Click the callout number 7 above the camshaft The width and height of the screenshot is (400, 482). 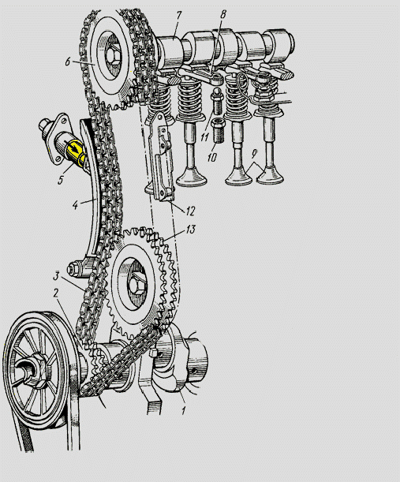click(x=178, y=16)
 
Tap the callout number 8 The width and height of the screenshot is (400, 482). click(x=223, y=14)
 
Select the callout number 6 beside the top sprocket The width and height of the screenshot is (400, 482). click(x=68, y=62)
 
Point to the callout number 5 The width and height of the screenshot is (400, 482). click(x=61, y=180)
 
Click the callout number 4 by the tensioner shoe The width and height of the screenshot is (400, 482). click(x=74, y=205)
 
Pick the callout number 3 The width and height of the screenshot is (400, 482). click(x=56, y=276)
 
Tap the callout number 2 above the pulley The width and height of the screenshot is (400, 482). click(x=56, y=293)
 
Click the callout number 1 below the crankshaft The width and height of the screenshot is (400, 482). click(x=184, y=410)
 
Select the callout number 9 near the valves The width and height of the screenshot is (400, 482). click(x=254, y=154)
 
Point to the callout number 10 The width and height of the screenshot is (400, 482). click(x=212, y=158)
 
